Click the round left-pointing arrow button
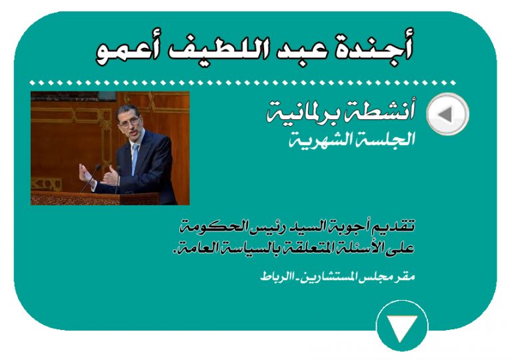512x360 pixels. point(448,114)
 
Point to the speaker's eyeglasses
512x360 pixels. point(129,124)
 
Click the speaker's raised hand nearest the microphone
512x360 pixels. point(85,174)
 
